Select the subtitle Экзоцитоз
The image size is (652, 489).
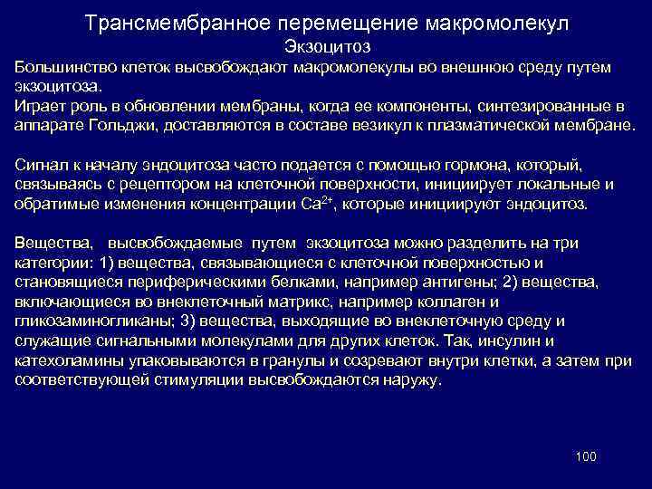point(326,45)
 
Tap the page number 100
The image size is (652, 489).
point(586,456)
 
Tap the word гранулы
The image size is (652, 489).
point(284,360)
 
